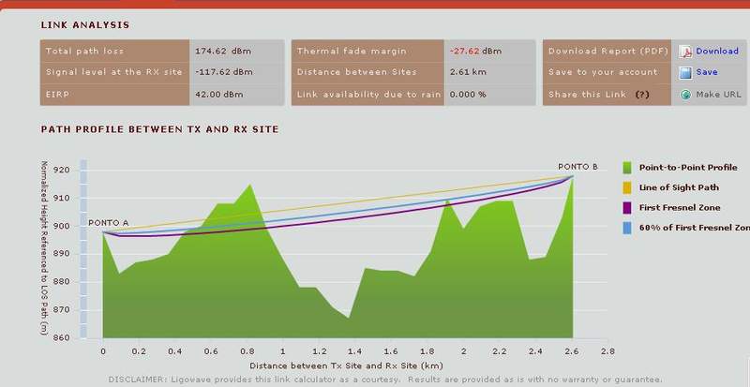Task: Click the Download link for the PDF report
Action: [x=716, y=51]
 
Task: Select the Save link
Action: [x=707, y=72]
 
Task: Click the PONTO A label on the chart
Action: [x=108, y=223]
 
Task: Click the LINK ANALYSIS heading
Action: [x=85, y=24]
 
